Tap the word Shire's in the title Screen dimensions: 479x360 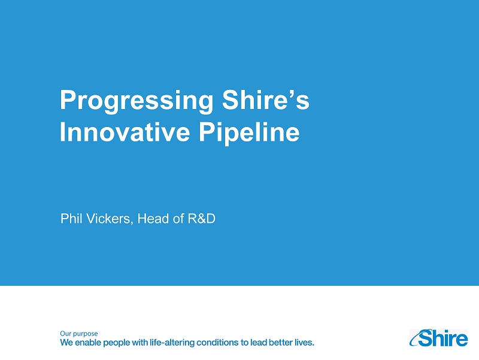point(266,99)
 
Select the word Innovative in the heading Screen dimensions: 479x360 point(125,132)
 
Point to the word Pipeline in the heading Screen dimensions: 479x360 point(249,134)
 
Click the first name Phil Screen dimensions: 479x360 point(69,219)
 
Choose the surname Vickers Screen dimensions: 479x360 point(108,219)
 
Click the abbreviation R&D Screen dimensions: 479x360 point(202,219)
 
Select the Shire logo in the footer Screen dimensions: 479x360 point(438,338)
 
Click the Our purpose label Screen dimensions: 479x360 point(79,334)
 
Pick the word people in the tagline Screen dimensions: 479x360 point(116,343)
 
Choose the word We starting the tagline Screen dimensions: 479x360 point(66,342)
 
